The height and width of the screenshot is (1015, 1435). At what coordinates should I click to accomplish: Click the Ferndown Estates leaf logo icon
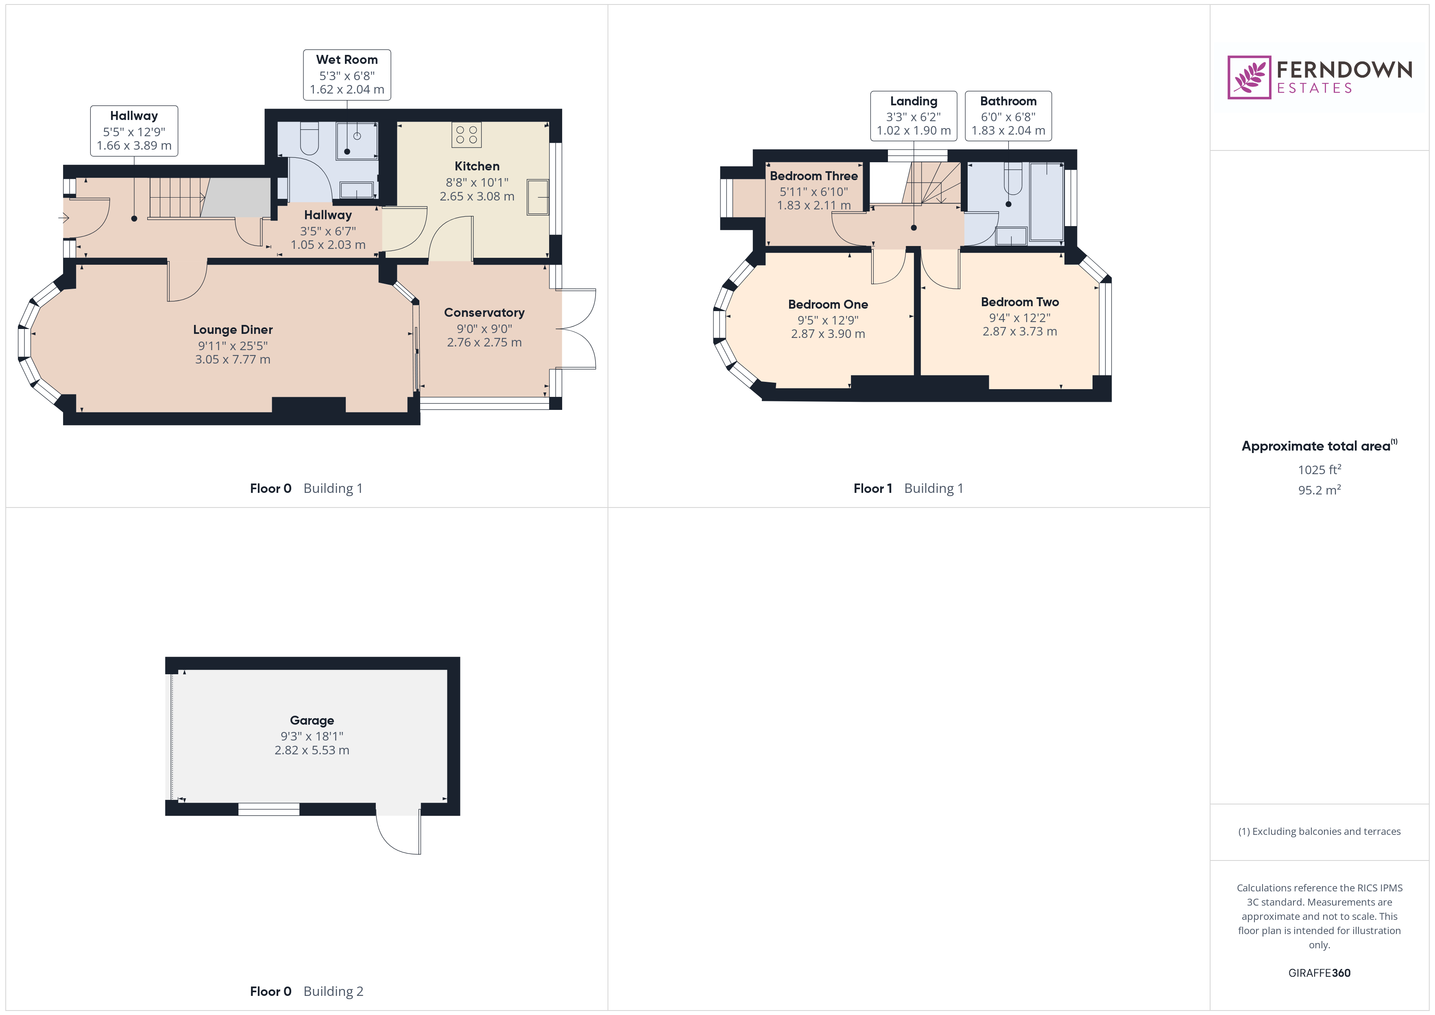point(1248,77)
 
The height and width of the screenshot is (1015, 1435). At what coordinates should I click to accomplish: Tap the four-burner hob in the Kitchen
point(466,134)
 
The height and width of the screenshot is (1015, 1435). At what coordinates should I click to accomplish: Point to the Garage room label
point(312,720)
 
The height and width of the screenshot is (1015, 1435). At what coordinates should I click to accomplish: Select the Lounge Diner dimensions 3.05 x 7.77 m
point(233,359)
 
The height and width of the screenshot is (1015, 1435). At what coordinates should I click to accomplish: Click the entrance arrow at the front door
point(63,218)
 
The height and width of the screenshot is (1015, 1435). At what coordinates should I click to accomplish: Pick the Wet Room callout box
point(347,75)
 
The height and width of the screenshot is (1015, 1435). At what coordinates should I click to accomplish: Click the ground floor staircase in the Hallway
point(178,198)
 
